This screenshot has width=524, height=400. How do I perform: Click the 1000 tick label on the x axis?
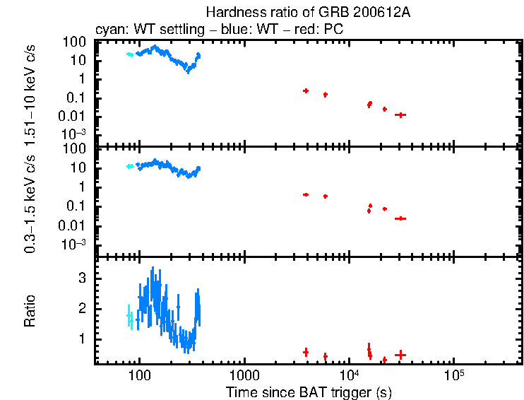coord(244,375)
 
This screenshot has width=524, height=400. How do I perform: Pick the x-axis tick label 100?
coord(140,375)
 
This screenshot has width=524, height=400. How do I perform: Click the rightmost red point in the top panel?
coord(400,114)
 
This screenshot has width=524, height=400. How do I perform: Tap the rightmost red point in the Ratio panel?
coord(400,355)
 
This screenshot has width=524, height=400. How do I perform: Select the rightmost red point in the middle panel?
coord(400,218)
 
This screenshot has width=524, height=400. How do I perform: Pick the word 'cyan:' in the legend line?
coord(109,30)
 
